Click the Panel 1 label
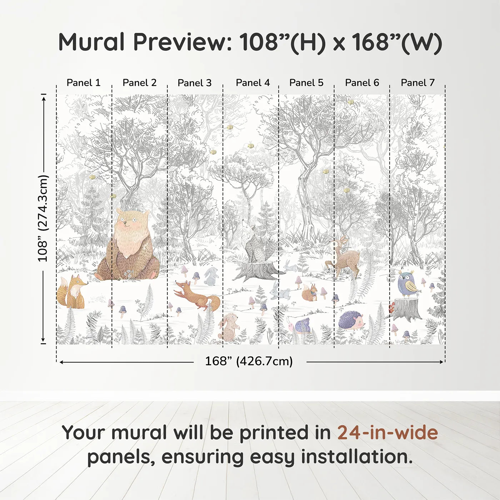coord(83,82)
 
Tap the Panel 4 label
coord(252,82)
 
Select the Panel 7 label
coord(417,82)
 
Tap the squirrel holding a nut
coord(309,292)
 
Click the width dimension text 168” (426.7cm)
coord(249,361)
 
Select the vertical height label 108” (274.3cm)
coord(42,218)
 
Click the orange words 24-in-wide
coord(387,432)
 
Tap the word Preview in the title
coord(182,42)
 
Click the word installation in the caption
coord(356,457)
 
